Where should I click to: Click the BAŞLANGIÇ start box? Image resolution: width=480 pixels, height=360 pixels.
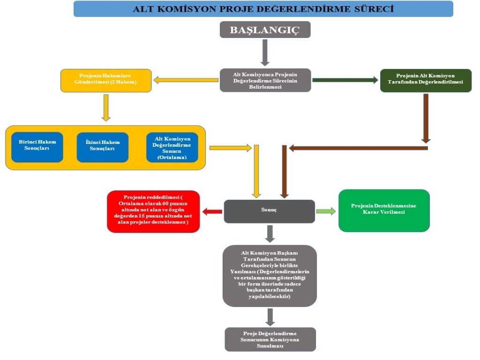265,30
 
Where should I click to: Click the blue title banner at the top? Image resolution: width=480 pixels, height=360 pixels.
263,9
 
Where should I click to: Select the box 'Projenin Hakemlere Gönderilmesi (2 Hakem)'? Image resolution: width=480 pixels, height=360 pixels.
106,80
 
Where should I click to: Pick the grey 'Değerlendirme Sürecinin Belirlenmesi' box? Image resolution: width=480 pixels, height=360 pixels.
265,80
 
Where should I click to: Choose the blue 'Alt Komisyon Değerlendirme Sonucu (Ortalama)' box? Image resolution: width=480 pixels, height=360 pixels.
172,147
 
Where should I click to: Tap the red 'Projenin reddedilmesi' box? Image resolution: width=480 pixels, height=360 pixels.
153,211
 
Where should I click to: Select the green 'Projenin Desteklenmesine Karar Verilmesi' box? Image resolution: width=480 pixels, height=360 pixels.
384,210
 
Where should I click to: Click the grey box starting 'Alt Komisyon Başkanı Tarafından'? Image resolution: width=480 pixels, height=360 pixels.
270,276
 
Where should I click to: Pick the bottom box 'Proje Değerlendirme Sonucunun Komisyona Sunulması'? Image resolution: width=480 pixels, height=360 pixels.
270,339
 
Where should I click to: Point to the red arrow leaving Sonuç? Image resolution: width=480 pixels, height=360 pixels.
212,212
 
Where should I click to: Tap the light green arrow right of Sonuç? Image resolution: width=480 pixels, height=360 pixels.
326,211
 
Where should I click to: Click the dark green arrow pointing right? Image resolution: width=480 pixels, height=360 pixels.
345,80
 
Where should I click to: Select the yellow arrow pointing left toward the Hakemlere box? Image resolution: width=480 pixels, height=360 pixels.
186,80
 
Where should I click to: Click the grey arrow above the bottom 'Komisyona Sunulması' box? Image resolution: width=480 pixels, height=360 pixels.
270,317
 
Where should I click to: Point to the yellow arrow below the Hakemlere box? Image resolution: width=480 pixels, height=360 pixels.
106,108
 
